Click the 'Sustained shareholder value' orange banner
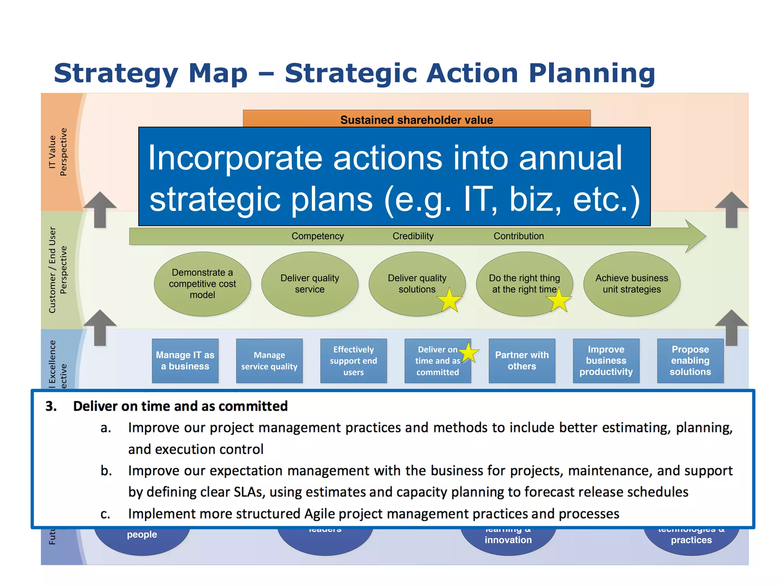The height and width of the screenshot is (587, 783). click(x=416, y=119)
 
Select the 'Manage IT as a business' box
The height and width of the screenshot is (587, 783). click(x=185, y=360)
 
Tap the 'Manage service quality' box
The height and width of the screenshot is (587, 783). click(x=269, y=360)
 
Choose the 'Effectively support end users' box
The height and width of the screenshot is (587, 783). click(x=353, y=360)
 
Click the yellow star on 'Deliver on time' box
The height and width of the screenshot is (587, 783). click(x=468, y=353)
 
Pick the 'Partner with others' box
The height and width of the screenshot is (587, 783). click(x=521, y=360)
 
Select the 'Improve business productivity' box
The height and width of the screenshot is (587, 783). click(x=606, y=360)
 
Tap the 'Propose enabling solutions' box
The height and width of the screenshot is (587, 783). click(x=690, y=360)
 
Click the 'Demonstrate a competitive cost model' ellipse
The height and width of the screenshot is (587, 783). click(x=202, y=284)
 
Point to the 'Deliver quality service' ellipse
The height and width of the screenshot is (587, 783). click(x=310, y=284)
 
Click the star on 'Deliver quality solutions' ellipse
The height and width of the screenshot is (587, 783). click(x=450, y=300)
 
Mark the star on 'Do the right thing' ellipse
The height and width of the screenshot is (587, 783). click(x=559, y=300)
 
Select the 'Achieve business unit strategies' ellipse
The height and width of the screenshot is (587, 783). click(x=632, y=284)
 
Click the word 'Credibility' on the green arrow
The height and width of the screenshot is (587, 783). click(x=413, y=236)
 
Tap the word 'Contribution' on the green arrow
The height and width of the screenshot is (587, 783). click(x=518, y=236)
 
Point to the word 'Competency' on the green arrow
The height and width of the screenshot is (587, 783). click(x=318, y=236)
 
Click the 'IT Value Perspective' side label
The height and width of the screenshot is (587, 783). click(x=57, y=152)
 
